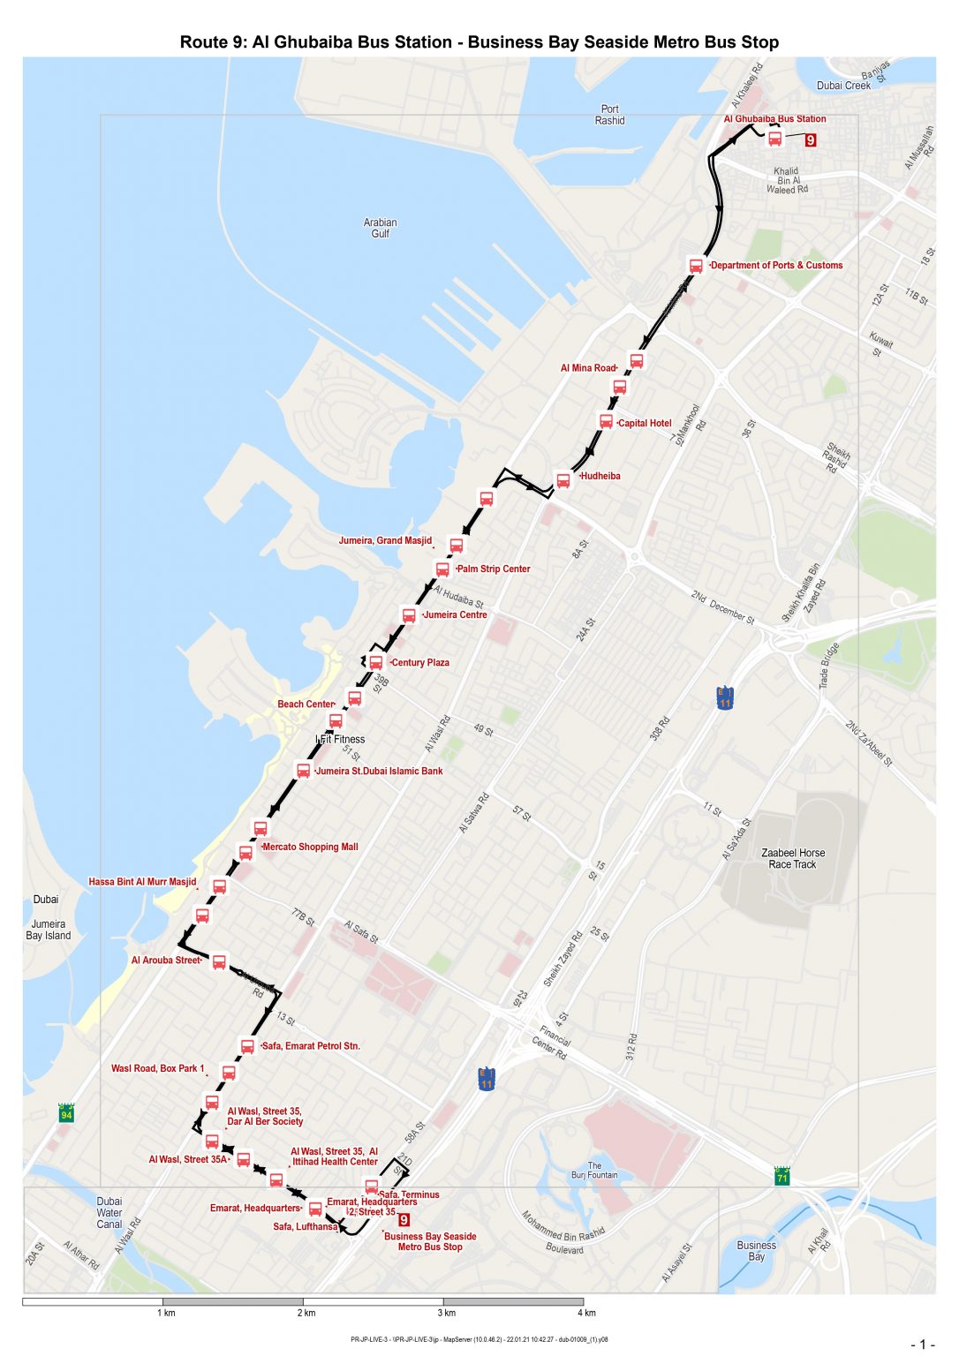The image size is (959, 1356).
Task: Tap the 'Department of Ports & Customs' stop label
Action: coord(776,265)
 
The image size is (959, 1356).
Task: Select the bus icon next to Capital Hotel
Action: coord(606,422)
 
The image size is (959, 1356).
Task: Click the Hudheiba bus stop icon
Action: coord(563,480)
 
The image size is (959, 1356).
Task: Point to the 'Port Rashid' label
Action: coord(609,115)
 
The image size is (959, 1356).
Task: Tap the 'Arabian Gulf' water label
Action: coord(380,228)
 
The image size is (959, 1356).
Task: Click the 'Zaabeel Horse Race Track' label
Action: coord(792,859)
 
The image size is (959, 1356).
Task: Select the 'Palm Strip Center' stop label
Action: coord(494,569)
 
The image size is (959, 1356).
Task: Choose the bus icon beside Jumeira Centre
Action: coord(408,615)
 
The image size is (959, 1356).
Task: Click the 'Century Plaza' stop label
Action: coord(420,663)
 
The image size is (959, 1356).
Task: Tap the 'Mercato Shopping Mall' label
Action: coord(310,847)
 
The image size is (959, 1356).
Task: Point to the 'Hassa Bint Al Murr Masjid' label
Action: coord(142,882)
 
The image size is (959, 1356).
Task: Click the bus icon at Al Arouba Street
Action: coord(219,961)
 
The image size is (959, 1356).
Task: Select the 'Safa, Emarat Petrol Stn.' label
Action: coord(311,1046)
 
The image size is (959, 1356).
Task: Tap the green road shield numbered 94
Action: coord(66,1114)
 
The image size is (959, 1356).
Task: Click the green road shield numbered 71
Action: coord(782,1177)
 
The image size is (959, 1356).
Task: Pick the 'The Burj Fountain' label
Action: coord(594,1171)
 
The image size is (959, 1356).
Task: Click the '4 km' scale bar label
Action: coord(587,1313)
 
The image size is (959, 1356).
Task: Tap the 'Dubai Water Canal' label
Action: coord(109,1212)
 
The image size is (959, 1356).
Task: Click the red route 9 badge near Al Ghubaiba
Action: coord(811,139)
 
